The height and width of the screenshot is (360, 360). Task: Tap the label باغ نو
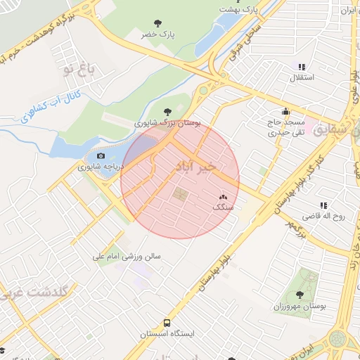click(x=77, y=69)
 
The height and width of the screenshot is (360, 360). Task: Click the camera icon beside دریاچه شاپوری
click(x=101, y=156)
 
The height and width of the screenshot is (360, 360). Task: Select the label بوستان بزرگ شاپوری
click(x=167, y=122)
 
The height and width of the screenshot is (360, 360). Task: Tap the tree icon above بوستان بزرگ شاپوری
click(x=167, y=110)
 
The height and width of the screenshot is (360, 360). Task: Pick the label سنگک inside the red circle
click(x=222, y=209)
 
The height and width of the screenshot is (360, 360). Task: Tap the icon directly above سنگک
click(x=223, y=198)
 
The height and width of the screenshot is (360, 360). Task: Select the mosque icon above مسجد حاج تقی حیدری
click(x=285, y=110)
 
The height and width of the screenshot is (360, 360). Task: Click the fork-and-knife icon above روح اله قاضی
click(x=323, y=205)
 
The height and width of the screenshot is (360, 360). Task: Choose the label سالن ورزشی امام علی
click(x=127, y=257)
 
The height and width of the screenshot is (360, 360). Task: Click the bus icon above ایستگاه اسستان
click(x=167, y=323)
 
